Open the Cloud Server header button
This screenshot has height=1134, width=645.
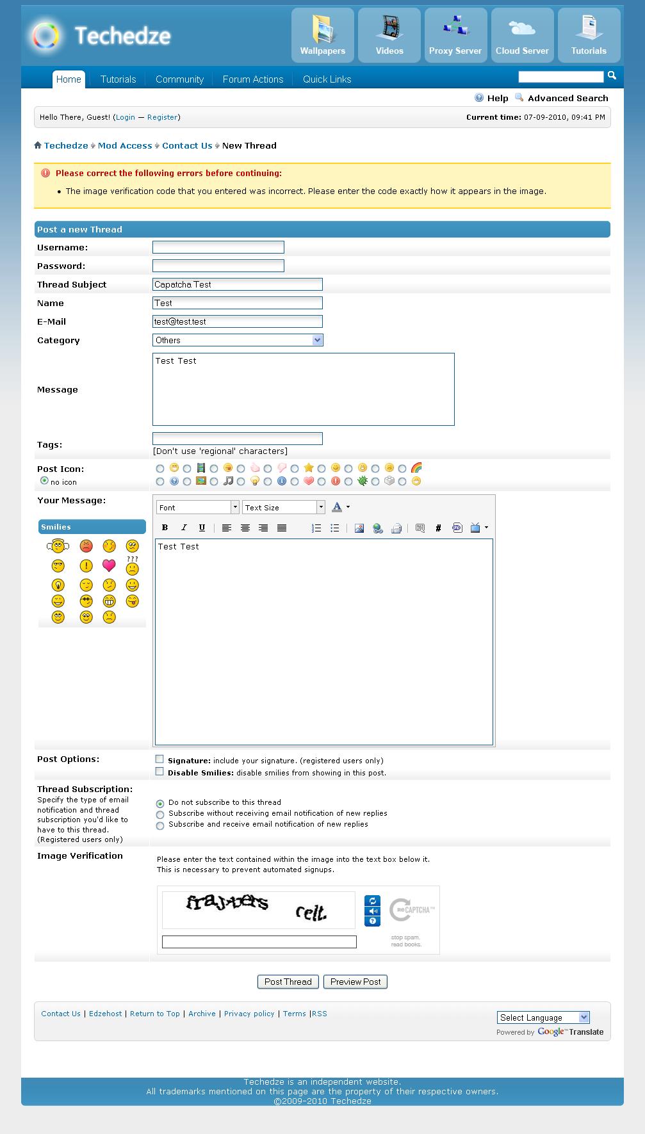click(x=522, y=35)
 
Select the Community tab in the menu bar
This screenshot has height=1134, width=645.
click(x=179, y=79)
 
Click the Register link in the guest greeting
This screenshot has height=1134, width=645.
click(x=162, y=117)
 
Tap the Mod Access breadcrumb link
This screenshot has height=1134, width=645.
click(x=125, y=145)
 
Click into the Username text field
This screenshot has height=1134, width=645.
click(x=218, y=247)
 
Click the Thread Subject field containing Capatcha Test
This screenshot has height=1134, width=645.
click(x=238, y=284)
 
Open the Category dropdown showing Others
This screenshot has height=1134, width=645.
click(x=238, y=340)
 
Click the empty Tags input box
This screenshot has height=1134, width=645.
click(x=238, y=439)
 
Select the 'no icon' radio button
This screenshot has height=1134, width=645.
click(x=44, y=480)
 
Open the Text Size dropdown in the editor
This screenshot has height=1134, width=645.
click(x=284, y=507)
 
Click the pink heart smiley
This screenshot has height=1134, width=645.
click(x=109, y=565)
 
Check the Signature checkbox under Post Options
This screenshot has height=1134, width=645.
click(x=159, y=759)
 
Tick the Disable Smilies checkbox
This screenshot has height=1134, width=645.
click(x=159, y=772)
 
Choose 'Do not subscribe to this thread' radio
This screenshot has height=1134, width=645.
click(x=160, y=803)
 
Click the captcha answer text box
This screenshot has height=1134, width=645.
click(x=259, y=942)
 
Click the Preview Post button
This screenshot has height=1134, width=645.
click(x=355, y=982)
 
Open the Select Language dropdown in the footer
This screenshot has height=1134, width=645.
click(x=543, y=1017)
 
